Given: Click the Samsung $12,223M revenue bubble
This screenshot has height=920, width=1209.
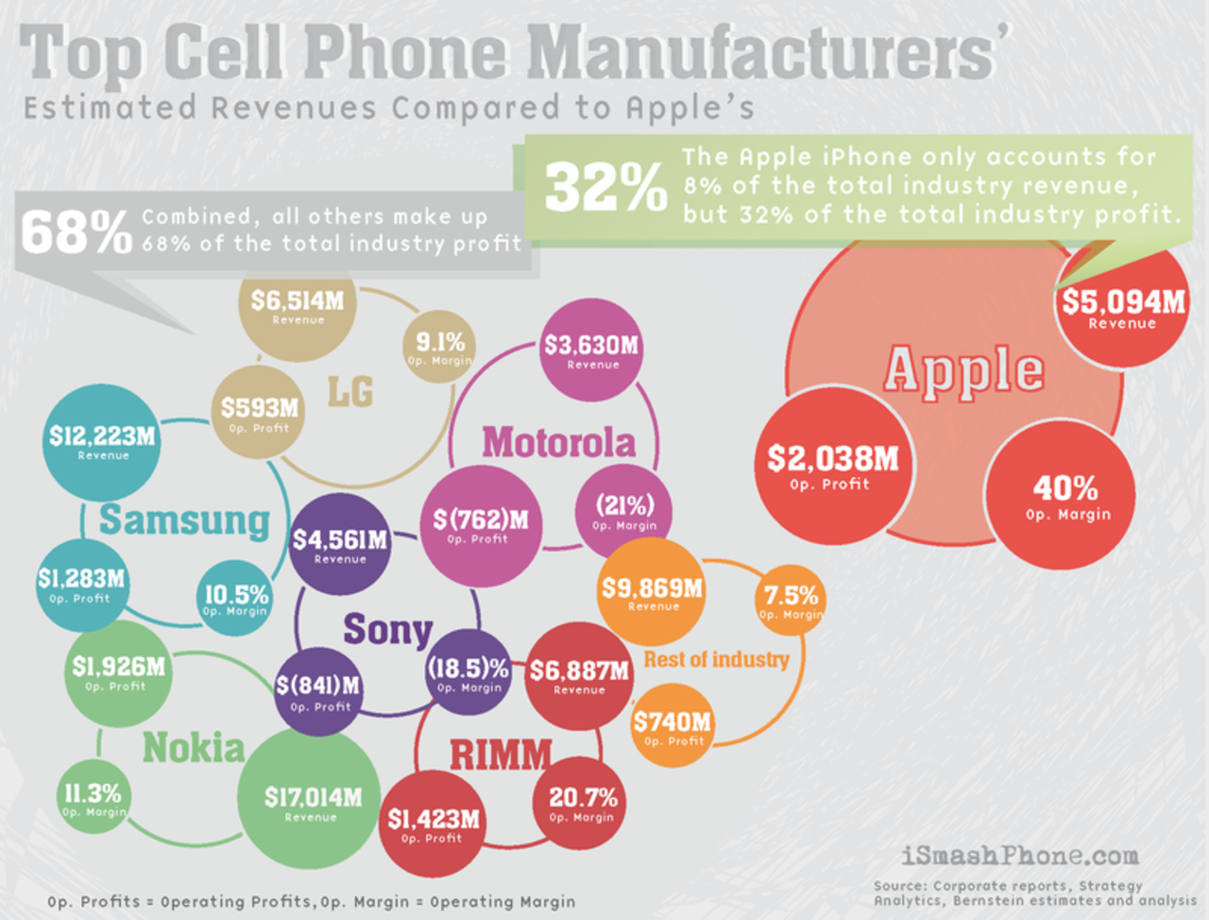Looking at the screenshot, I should click(x=102, y=442).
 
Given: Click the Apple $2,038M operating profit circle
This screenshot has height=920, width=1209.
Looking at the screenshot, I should click(x=831, y=468).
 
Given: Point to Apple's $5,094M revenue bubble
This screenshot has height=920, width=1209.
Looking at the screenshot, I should click(x=1122, y=308).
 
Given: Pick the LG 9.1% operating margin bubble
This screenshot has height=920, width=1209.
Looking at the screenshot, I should click(x=439, y=347).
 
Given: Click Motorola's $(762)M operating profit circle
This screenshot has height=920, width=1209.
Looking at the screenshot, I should click(x=480, y=525).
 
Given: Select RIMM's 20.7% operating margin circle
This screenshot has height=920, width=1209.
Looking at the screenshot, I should click(x=582, y=803).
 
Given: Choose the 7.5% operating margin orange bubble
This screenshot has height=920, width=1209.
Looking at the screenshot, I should click(x=790, y=602).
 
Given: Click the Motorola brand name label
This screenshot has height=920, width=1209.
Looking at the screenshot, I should click(x=558, y=442).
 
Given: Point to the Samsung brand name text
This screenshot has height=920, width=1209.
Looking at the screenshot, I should click(x=184, y=520).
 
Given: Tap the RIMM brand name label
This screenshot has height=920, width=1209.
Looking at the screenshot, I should click(x=500, y=755).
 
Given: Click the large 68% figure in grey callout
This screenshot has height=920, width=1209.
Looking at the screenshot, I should click(x=76, y=232).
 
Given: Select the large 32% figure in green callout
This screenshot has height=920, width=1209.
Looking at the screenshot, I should click(x=604, y=186).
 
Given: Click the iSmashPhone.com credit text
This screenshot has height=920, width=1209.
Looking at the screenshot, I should click(x=1019, y=856).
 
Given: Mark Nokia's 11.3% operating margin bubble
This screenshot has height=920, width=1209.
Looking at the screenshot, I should click(x=93, y=799).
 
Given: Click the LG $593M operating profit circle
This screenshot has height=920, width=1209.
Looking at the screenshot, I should click(x=259, y=413).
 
